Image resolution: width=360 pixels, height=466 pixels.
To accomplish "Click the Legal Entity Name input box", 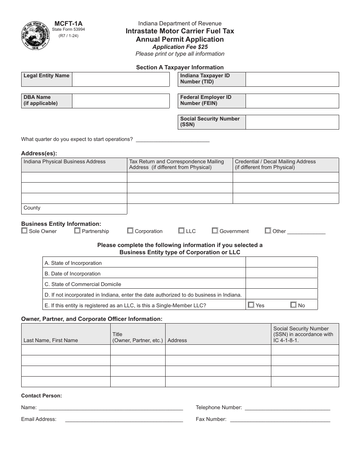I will (x=121, y=80).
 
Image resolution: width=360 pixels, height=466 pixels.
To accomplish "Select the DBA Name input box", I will (x=121, y=101).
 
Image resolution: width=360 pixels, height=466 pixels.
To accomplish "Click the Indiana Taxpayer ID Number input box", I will (x=292, y=80).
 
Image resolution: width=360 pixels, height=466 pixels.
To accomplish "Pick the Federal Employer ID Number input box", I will (x=292, y=101).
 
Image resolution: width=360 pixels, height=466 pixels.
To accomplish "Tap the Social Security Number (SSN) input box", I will (x=292, y=122).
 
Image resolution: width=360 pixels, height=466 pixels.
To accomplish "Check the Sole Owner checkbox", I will (x=25, y=230).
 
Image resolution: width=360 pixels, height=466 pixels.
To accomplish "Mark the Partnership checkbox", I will (x=77, y=230).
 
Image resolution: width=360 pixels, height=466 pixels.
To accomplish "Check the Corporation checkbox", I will (x=130, y=230).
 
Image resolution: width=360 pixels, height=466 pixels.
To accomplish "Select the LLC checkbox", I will (x=182, y=230).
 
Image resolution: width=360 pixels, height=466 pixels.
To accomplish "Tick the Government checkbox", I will (x=215, y=230).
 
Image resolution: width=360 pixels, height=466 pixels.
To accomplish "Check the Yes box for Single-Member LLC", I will (x=251, y=305).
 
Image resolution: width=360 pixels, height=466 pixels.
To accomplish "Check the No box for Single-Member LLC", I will (x=293, y=305).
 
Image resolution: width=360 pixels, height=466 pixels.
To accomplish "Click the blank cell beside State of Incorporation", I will (x=282, y=263).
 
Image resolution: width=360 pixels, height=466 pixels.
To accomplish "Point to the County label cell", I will (x=74, y=209).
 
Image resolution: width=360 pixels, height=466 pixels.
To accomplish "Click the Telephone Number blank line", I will (x=287, y=408).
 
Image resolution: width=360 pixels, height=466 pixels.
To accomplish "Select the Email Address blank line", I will (x=124, y=419).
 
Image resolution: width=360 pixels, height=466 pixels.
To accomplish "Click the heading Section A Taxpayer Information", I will (x=180, y=67).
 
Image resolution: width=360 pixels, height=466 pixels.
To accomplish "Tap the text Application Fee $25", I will (x=180, y=47).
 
